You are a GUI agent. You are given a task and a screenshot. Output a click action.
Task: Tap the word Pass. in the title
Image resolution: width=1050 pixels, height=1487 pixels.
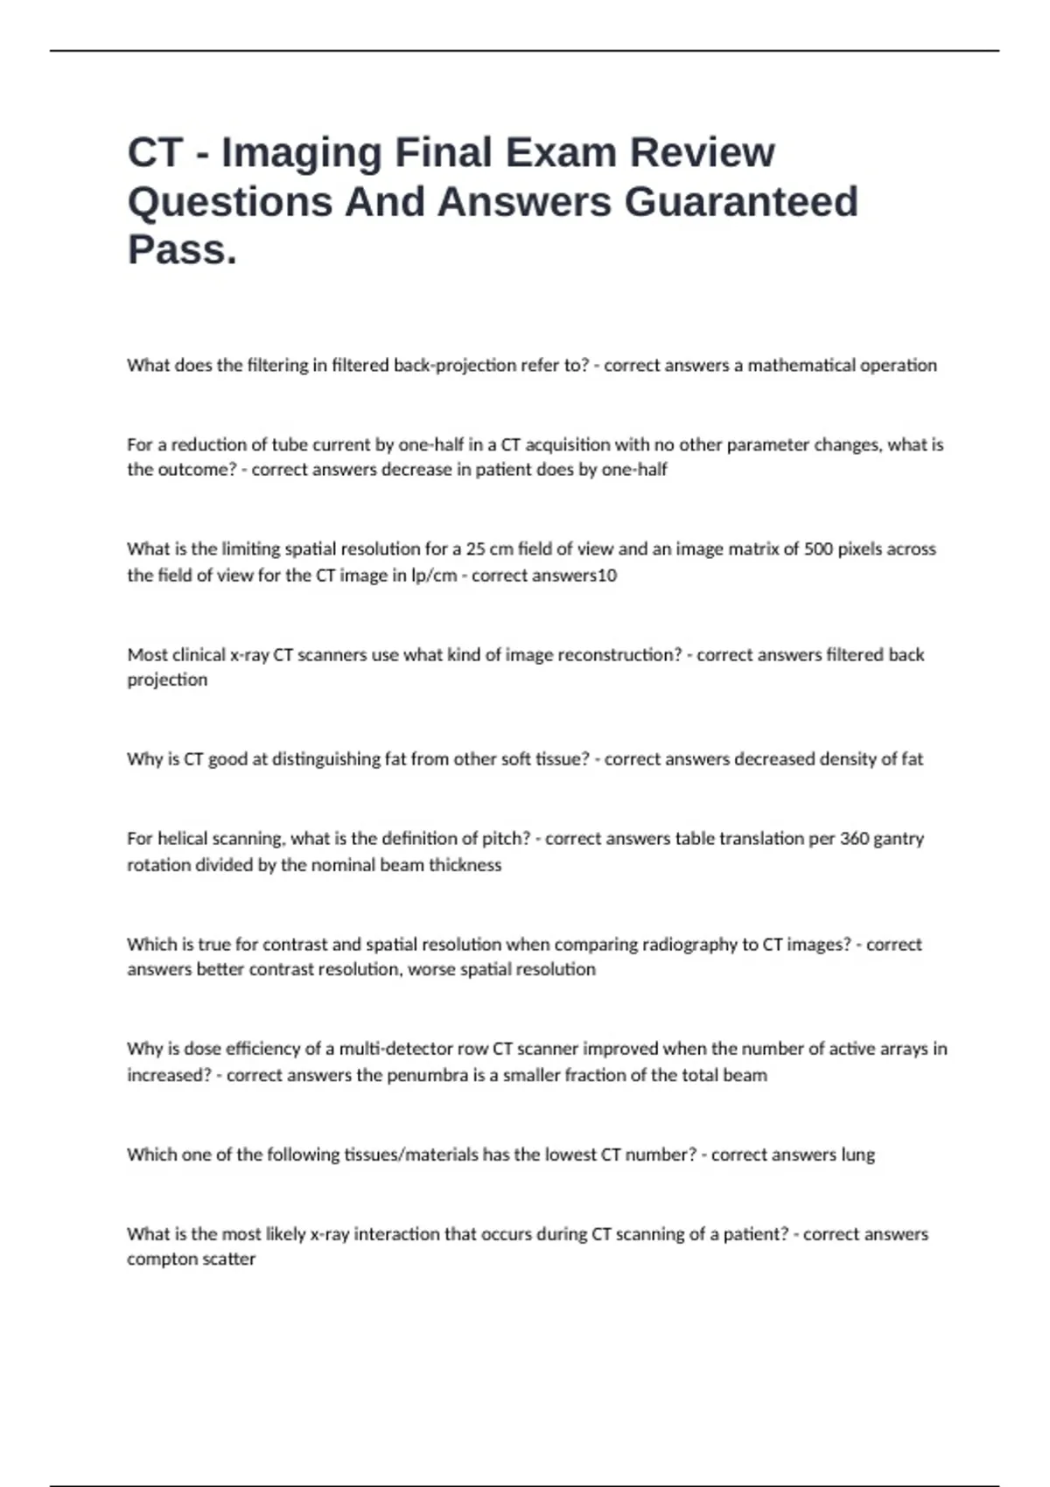[182, 249]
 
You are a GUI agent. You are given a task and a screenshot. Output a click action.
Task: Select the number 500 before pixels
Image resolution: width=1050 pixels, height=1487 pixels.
[818, 549]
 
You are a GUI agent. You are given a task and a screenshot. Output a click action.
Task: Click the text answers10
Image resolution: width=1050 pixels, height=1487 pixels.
[544, 576]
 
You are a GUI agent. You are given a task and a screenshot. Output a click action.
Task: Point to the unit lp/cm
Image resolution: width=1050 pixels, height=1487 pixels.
[434, 576]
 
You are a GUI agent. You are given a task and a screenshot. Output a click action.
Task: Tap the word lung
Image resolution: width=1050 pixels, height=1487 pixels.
[857, 1155]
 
